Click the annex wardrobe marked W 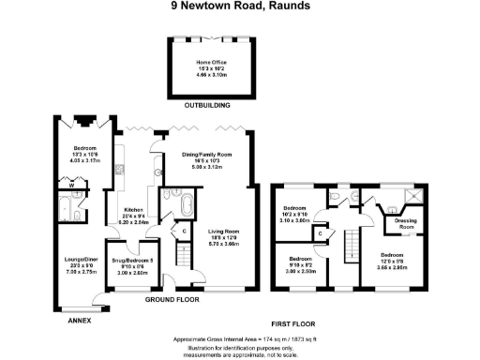coord(74,185)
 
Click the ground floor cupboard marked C coord(184,231)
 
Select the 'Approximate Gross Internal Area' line coord(240,337)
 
